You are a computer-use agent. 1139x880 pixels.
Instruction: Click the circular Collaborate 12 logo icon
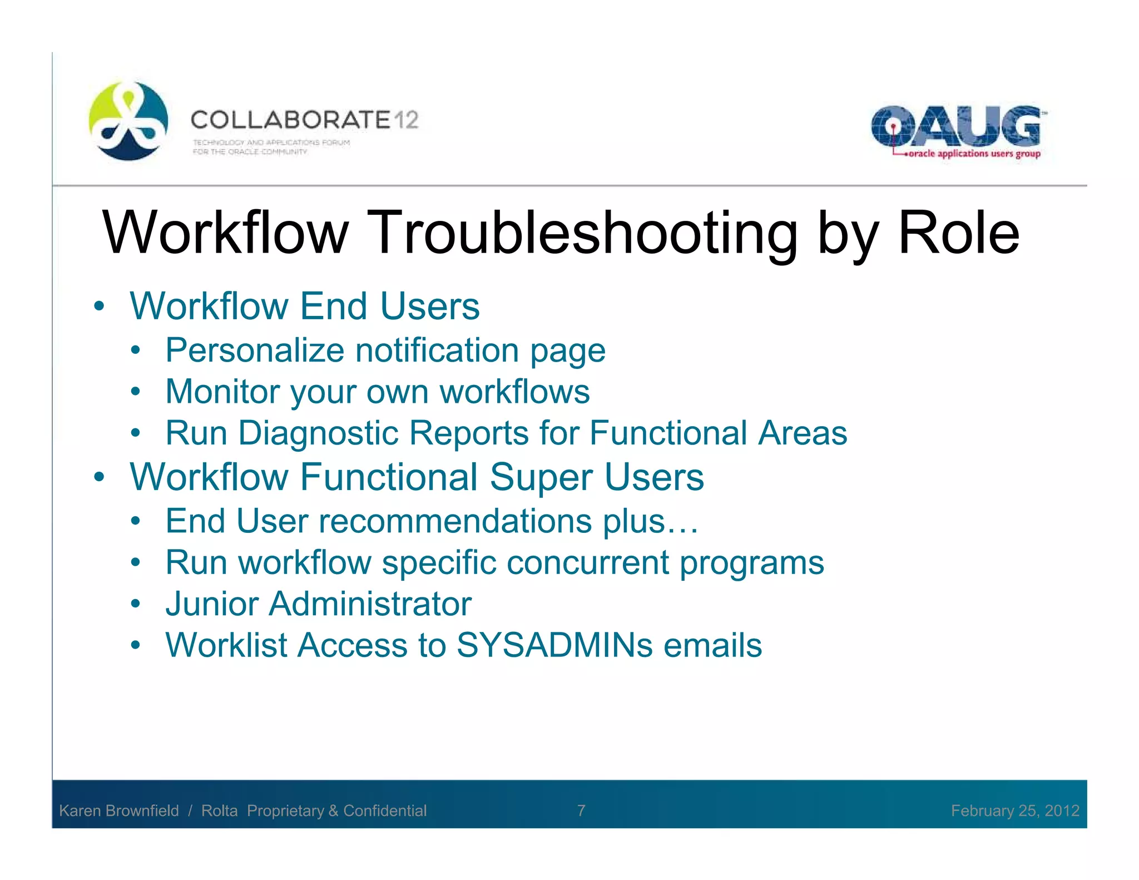[x=128, y=121]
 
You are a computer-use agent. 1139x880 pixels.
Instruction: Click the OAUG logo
[x=955, y=126]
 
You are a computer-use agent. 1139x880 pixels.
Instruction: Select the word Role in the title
[x=958, y=233]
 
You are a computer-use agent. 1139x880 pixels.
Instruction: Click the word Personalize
[x=255, y=350]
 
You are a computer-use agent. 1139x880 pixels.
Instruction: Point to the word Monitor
[x=221, y=392]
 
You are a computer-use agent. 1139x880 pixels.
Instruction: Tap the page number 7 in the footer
[x=581, y=810]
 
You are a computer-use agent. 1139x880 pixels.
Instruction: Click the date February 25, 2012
[x=1014, y=810]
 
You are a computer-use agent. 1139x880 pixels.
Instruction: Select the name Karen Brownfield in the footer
[x=119, y=810]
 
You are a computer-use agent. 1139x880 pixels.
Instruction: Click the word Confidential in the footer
[x=385, y=810]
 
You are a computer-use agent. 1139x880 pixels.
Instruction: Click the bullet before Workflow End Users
[x=99, y=306]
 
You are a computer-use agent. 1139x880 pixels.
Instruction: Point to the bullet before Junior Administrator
[x=136, y=604]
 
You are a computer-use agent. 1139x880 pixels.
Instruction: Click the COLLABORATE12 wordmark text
[x=304, y=120]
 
